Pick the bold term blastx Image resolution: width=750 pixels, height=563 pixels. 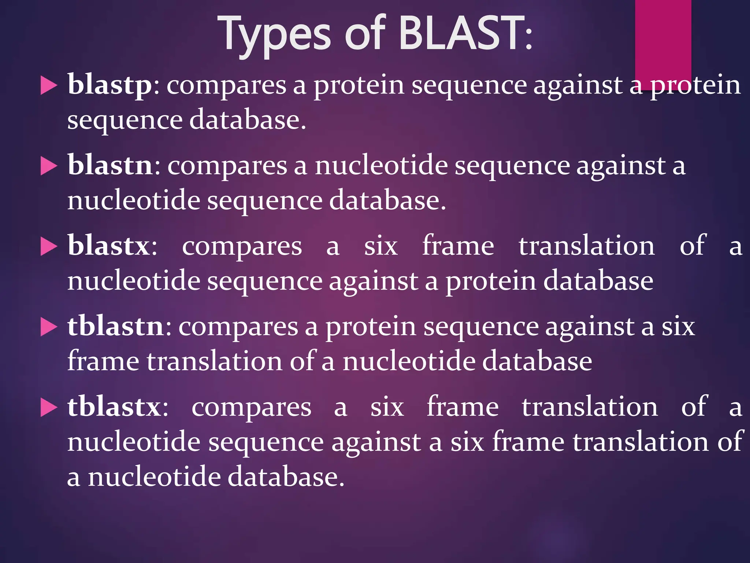click(108, 246)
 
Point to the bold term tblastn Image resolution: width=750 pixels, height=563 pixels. click(115, 326)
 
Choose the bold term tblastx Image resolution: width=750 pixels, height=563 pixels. click(114, 407)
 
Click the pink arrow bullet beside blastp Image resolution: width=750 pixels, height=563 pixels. click(48, 86)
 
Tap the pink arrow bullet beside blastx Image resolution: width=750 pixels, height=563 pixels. click(48, 246)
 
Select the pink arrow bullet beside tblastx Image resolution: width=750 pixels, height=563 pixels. click(48, 408)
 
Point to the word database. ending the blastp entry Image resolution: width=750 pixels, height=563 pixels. click(248, 120)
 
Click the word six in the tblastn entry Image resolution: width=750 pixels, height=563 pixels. click(678, 326)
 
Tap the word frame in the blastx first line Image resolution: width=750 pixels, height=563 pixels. click(458, 246)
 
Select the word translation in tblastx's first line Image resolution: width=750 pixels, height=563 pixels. click(590, 407)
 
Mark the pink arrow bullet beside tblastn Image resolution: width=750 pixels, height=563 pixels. click(48, 327)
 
